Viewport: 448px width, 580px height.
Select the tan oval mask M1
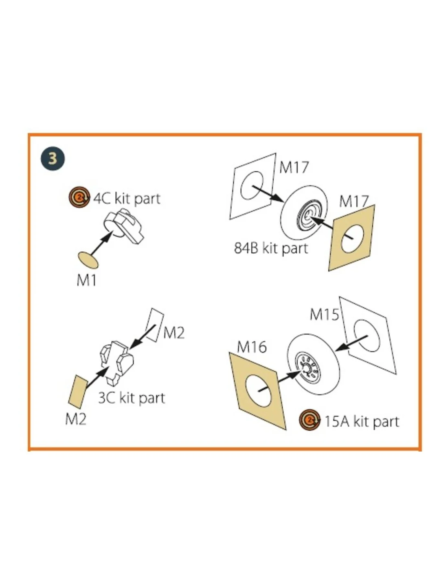(88, 260)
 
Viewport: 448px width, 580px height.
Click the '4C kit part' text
(127, 199)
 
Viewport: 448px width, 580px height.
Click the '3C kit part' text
(132, 398)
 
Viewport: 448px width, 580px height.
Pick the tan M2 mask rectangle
(77, 392)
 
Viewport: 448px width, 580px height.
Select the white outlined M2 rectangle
(155, 325)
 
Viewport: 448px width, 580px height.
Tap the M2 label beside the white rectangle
(174, 333)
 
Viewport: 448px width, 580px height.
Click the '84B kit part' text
(271, 248)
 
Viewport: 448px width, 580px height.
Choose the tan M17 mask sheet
(351, 238)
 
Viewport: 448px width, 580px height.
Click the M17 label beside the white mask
(294, 167)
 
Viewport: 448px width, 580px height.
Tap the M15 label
(324, 314)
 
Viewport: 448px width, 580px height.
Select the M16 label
(252, 347)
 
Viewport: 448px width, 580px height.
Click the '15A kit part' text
(362, 422)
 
